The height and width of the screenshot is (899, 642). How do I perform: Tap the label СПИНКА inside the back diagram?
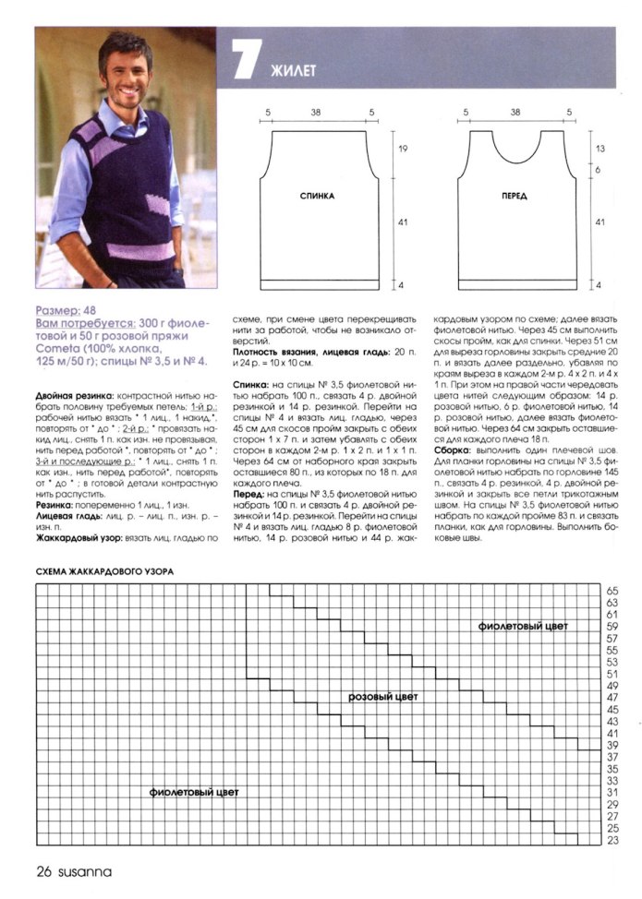tap(317, 197)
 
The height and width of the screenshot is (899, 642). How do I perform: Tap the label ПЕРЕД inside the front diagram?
tap(515, 197)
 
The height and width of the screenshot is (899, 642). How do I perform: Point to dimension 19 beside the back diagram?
tap(403, 148)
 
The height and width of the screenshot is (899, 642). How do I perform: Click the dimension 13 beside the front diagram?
tap(600, 148)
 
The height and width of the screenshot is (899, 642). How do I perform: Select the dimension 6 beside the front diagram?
tap(600, 169)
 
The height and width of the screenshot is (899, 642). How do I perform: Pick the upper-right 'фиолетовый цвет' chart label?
tap(523, 626)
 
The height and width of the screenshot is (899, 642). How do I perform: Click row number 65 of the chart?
tap(612, 590)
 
